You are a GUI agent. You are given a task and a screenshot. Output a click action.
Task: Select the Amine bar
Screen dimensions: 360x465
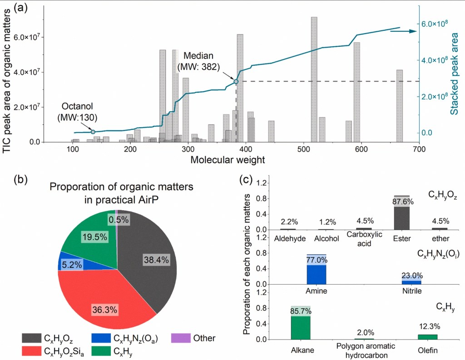[x=317, y=270]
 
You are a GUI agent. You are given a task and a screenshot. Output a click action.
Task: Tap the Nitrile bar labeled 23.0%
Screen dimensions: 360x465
[x=411, y=279]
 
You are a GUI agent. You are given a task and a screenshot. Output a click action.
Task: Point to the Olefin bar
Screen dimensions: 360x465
[x=427, y=336]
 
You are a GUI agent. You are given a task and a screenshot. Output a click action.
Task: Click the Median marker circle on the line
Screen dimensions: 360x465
[x=236, y=82]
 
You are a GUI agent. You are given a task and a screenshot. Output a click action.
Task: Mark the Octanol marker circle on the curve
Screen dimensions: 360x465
[x=93, y=132]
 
